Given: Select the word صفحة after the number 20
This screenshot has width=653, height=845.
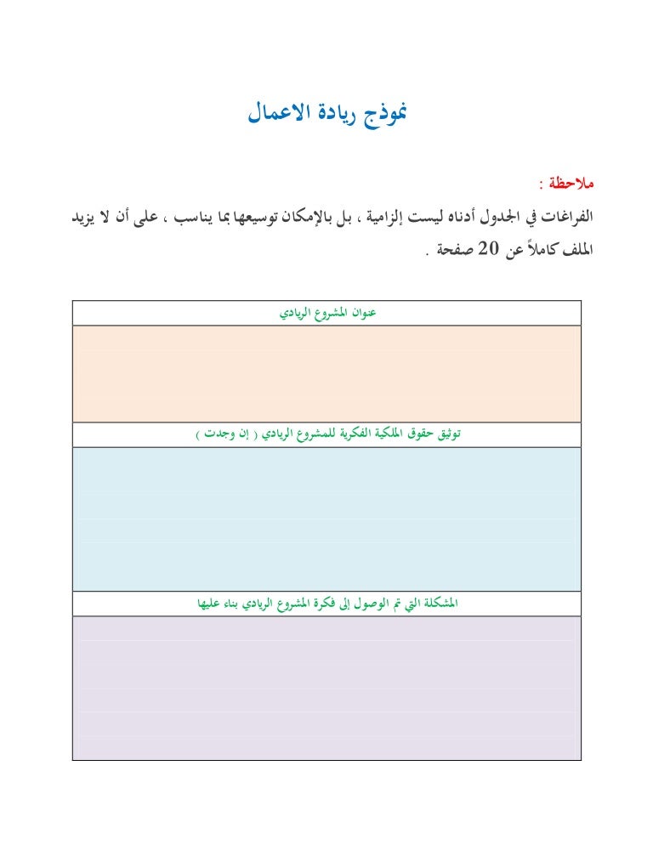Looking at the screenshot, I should tap(448, 252).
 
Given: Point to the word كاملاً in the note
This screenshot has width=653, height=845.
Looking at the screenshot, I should tap(537, 252).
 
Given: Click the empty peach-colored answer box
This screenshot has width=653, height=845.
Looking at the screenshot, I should tap(326, 373).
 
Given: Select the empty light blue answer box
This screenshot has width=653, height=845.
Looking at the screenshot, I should tap(326, 519).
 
